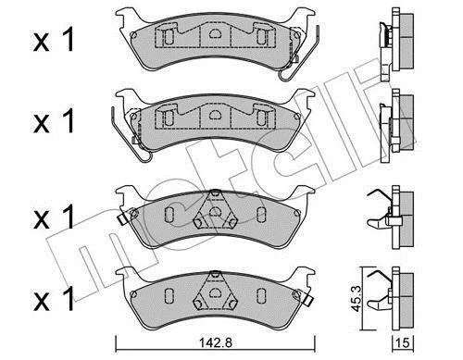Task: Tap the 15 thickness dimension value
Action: pyautogui.click(x=404, y=342)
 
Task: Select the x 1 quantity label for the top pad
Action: pyautogui.click(x=54, y=40)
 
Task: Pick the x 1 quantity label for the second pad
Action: pyautogui.click(x=54, y=121)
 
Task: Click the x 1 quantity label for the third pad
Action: pyautogui.click(x=54, y=217)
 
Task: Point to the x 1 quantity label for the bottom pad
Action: pyautogui.click(x=54, y=299)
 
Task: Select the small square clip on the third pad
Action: pyautogui.click(x=123, y=219)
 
